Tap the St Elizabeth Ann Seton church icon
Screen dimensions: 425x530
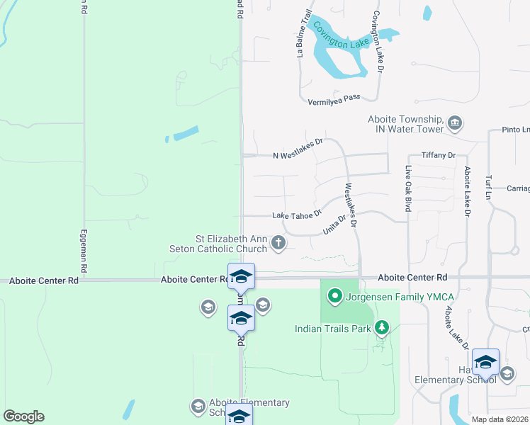click(x=278, y=244)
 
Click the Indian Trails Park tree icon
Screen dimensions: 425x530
click(x=383, y=327)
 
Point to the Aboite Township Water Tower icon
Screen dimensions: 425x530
click(x=454, y=124)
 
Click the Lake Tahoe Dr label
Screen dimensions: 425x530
click(x=297, y=214)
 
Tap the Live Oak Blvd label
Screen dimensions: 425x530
click(x=409, y=189)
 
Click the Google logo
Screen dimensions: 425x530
click(x=23, y=416)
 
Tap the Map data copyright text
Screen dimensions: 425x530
click(x=500, y=419)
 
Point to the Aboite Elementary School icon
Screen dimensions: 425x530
click(x=198, y=406)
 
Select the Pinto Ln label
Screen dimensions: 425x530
click(x=515, y=130)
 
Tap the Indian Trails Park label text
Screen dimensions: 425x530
click(x=333, y=329)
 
